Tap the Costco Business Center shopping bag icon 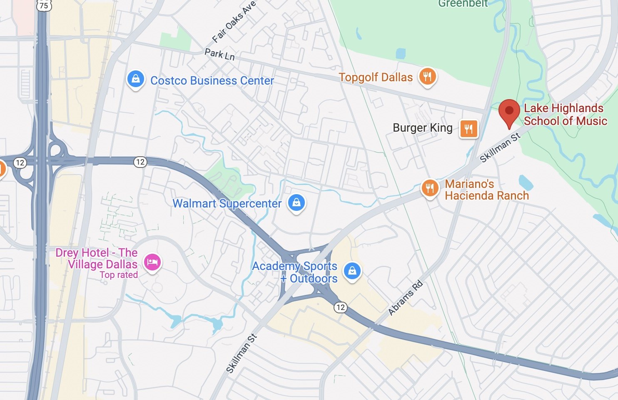click(135, 79)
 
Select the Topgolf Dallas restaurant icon click(427, 77)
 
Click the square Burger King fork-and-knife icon click(468, 128)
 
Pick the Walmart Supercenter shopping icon click(296, 203)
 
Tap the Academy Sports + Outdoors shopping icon click(352, 271)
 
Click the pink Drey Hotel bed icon click(152, 262)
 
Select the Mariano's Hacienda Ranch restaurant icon click(429, 188)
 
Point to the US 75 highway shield click(44, 5)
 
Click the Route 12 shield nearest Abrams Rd click(340, 307)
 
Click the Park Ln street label click(219, 54)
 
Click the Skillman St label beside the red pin click(500, 147)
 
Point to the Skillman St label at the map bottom click(241, 353)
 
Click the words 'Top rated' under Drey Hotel click(119, 275)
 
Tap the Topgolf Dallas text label click(376, 77)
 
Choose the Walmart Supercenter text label click(227, 203)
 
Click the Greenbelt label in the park click(463, 4)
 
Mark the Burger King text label click(422, 128)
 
